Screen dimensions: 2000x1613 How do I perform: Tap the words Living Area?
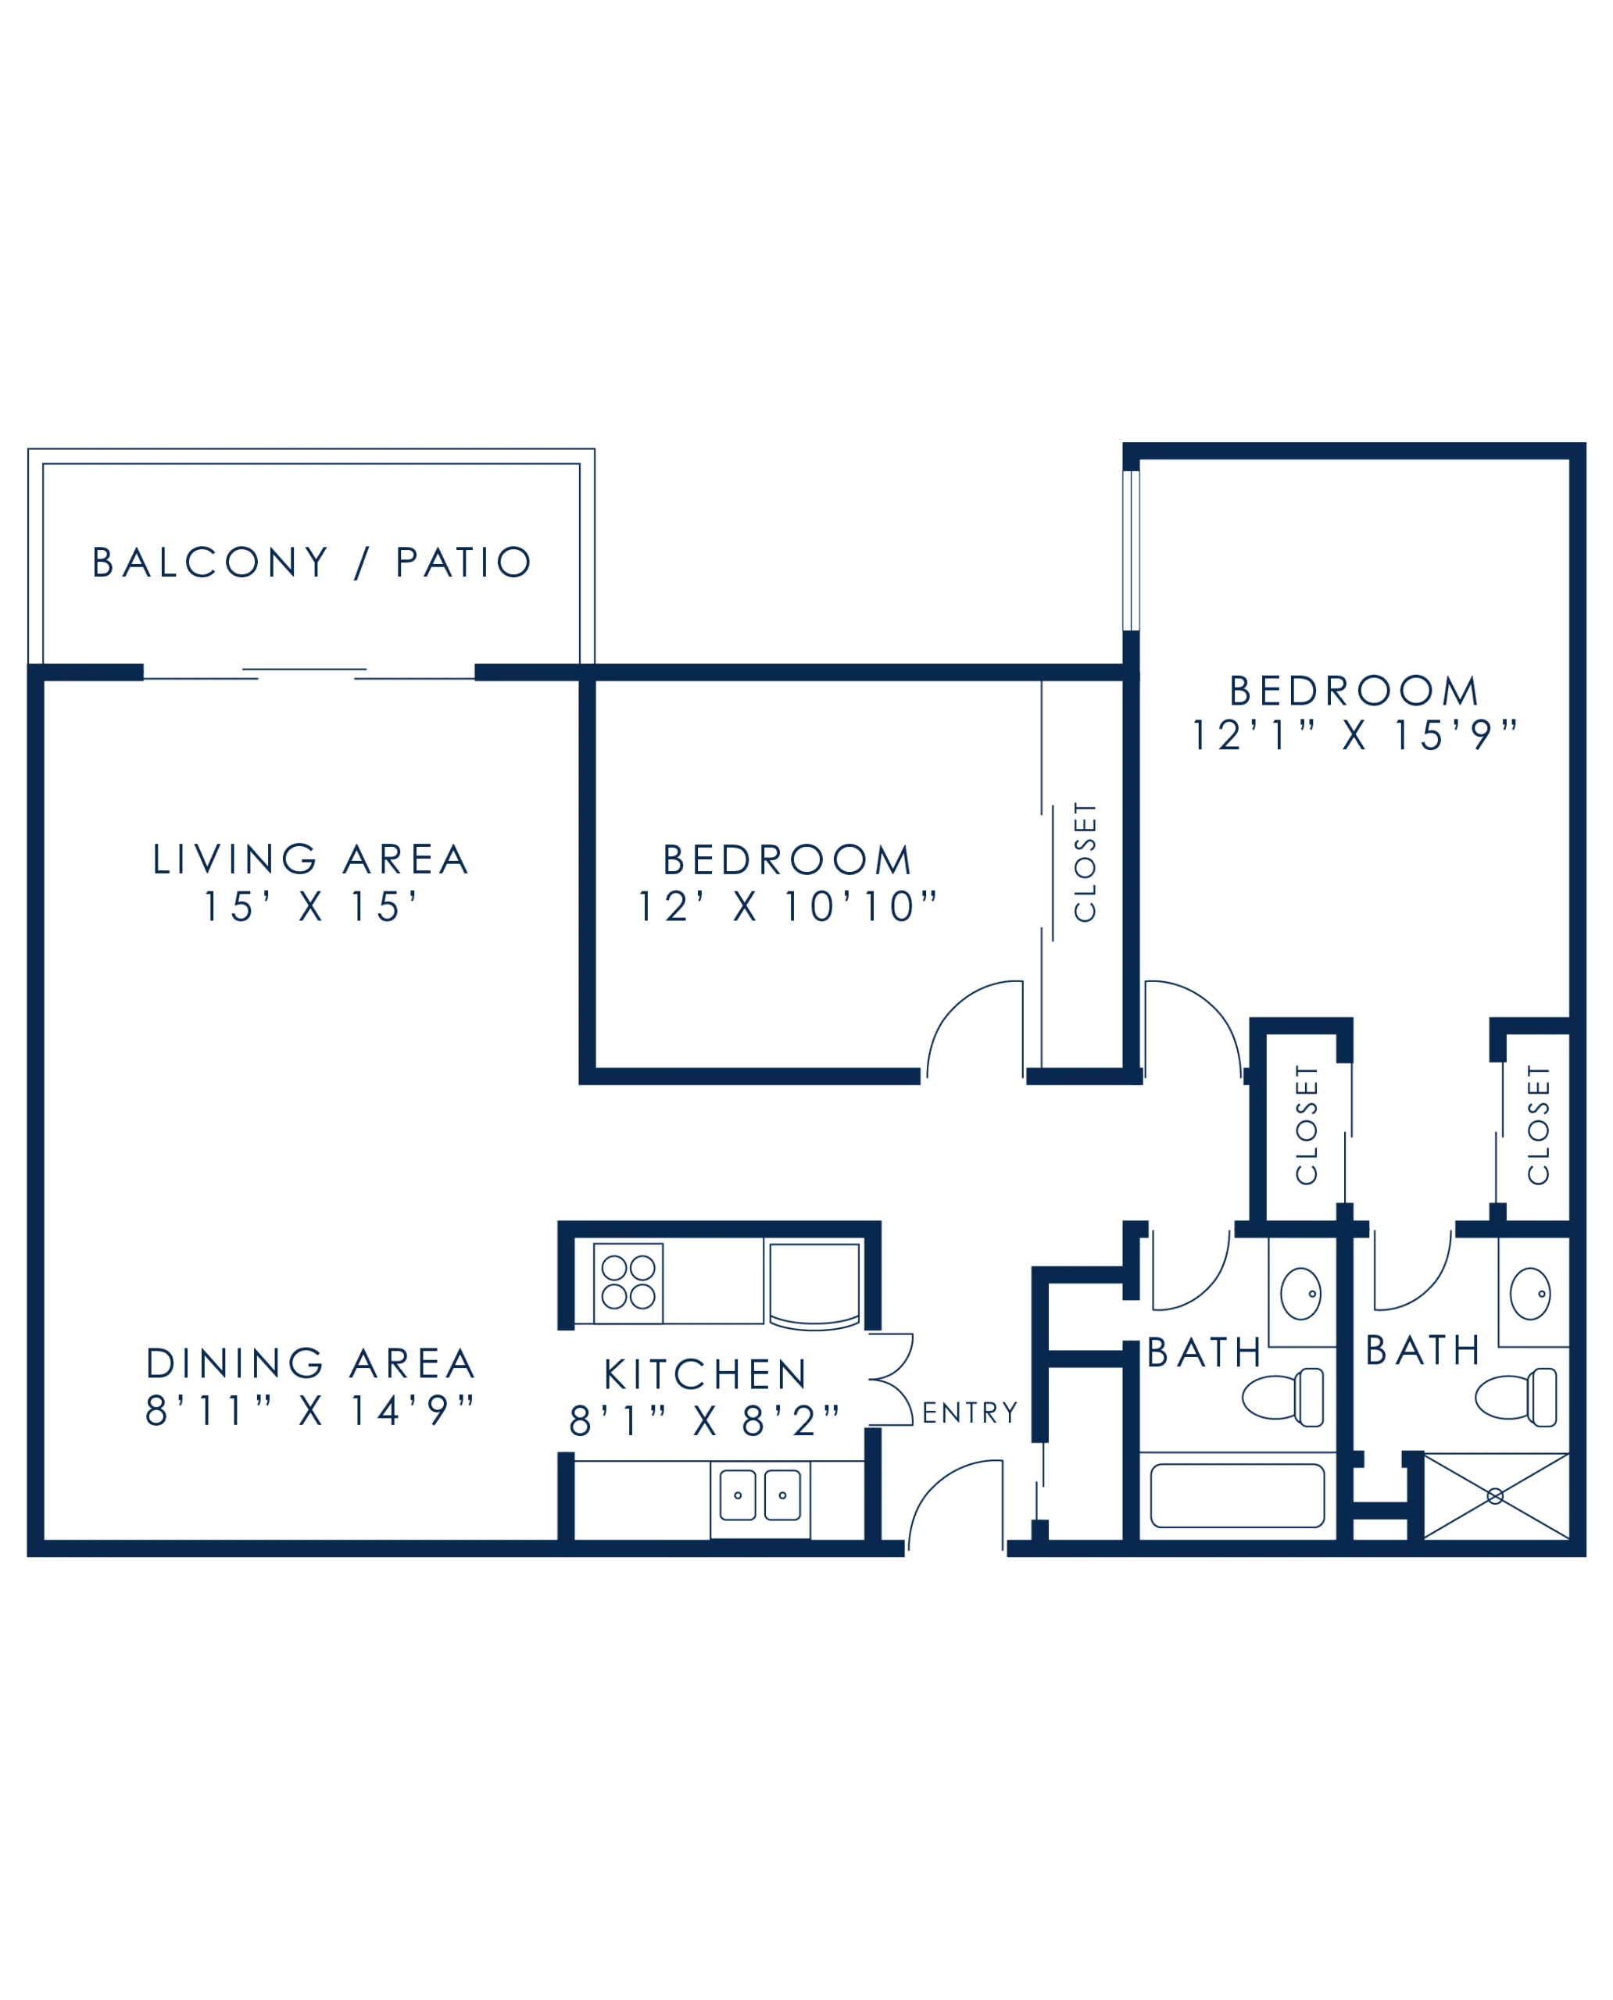point(309,859)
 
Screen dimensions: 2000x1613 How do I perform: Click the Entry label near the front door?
point(968,1414)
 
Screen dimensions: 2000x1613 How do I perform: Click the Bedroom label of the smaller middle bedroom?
point(787,860)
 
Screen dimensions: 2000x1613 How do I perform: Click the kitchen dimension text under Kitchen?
point(703,1421)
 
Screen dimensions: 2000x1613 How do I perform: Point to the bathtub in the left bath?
point(1236,1495)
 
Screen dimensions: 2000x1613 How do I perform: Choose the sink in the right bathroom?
point(1529,1293)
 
